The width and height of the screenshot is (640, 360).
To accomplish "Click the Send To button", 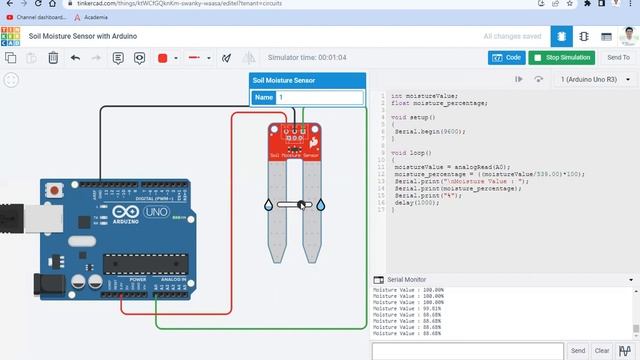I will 619,58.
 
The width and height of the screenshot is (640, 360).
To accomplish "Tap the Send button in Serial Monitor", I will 578,351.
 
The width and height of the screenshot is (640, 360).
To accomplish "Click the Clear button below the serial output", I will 602,351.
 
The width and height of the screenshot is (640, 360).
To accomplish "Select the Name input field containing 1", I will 320,98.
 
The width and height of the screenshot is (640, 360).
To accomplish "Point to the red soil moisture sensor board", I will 294,143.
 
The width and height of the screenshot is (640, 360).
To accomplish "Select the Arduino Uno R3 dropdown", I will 592,79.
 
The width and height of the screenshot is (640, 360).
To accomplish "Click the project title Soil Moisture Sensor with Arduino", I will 83,37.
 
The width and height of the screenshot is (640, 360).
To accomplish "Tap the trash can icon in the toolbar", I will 53,58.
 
